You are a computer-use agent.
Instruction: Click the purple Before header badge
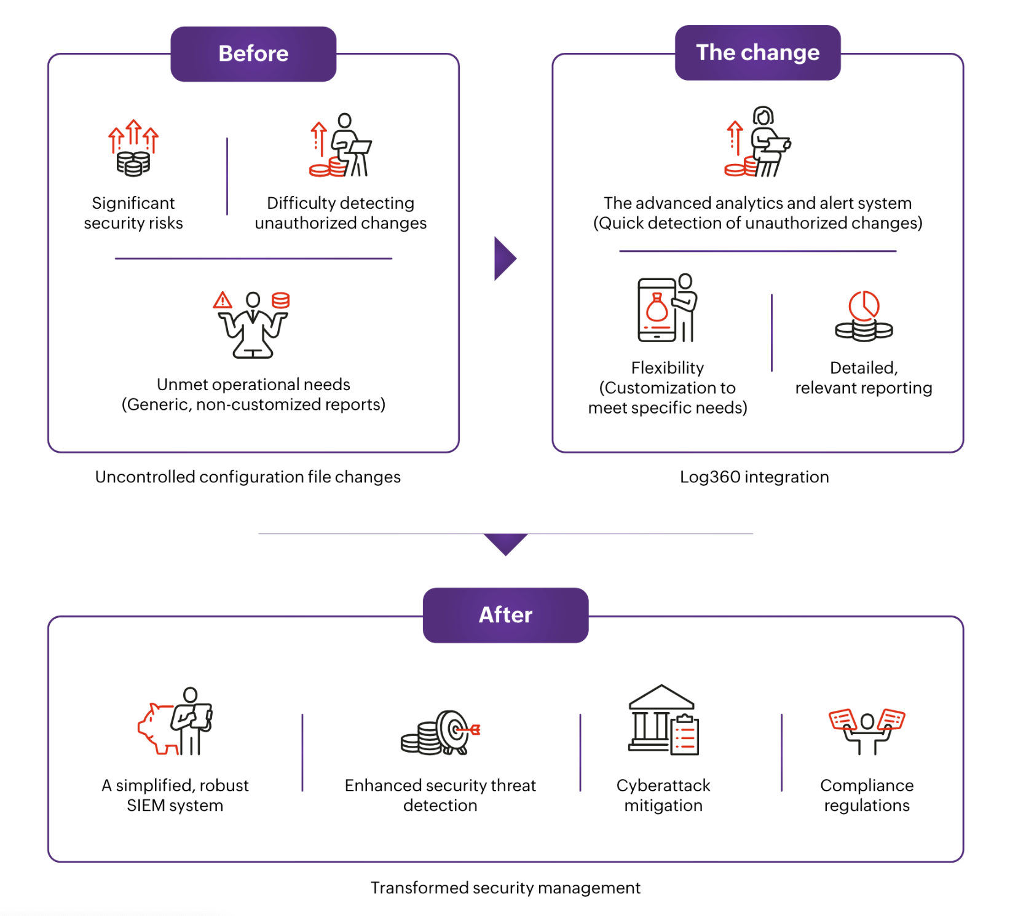click(253, 54)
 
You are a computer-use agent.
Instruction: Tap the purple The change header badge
click(757, 53)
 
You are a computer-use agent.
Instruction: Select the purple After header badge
click(505, 615)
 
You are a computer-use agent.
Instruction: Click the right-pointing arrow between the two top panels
click(504, 259)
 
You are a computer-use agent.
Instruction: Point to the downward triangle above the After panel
click(505, 543)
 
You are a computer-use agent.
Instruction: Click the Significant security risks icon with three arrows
click(133, 148)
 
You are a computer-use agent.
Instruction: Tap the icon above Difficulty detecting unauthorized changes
click(341, 146)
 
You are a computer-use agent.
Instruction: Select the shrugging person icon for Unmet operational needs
click(253, 326)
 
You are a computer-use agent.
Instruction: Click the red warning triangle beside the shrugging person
click(223, 300)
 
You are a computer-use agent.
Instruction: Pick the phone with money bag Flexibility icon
click(666, 308)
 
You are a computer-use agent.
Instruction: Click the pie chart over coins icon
click(864, 316)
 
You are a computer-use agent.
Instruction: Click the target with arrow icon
click(441, 732)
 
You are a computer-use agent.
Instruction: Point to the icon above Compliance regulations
click(867, 730)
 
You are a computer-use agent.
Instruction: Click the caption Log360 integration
click(754, 477)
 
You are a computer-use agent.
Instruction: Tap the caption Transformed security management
click(505, 888)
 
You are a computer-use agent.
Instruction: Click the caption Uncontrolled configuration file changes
click(248, 477)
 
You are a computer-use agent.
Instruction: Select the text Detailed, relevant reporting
click(864, 378)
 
